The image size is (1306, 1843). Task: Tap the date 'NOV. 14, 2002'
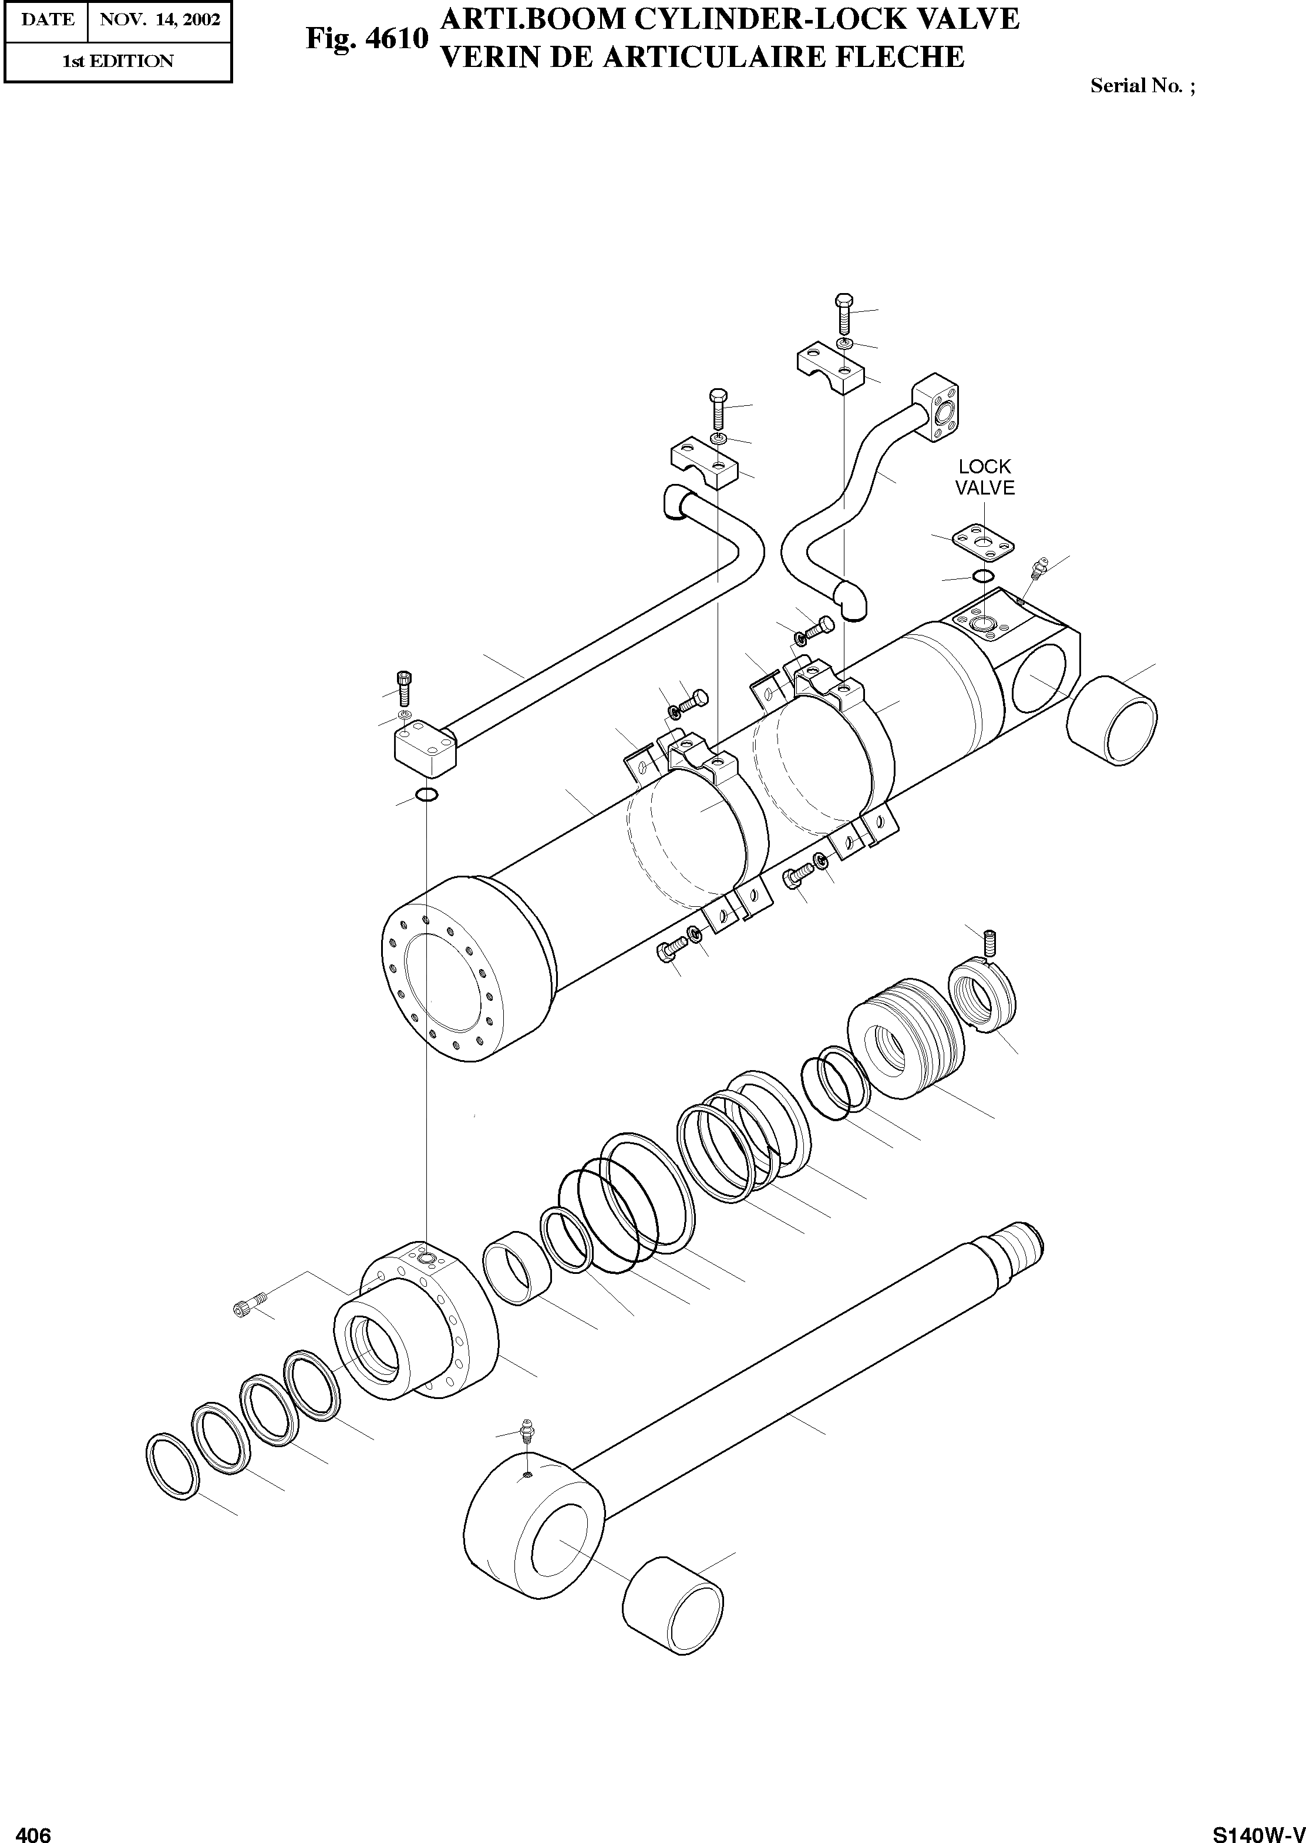(x=159, y=19)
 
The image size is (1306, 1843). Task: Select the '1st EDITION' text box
(x=117, y=61)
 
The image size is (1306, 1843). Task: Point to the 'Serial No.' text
(x=1142, y=86)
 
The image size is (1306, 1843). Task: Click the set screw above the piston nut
(x=990, y=940)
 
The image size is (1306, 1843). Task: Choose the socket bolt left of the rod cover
(x=250, y=1306)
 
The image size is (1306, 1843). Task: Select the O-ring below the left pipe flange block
(x=426, y=795)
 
